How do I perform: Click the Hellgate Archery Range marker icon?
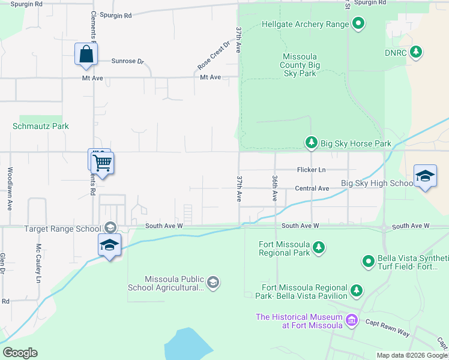[358, 25]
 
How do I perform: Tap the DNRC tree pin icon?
[415, 52]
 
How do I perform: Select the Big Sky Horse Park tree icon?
[311, 143]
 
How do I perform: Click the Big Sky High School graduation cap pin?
[425, 176]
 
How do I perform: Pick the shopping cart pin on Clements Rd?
[103, 162]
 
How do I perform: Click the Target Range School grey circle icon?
[110, 228]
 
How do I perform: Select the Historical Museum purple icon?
[352, 321]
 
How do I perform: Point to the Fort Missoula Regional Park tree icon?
[319, 248]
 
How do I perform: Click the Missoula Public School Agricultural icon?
[212, 283]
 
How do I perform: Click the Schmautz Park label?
[41, 127]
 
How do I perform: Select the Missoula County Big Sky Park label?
[300, 65]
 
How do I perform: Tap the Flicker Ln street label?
[310, 170]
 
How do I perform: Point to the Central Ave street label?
[312, 188]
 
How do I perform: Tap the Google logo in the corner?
[20, 353]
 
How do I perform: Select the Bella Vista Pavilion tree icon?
[357, 291]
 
